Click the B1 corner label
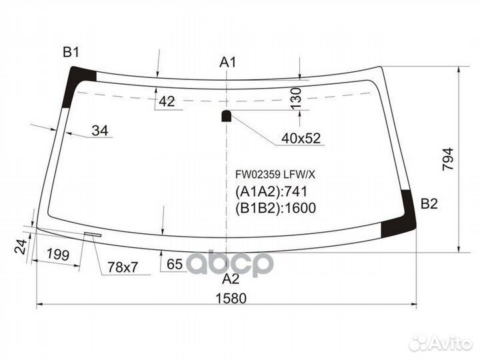pyautogui.click(x=71, y=53)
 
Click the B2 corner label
pyautogui.click(x=429, y=204)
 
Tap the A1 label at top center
pyautogui.click(x=229, y=63)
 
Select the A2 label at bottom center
pyautogui.click(x=230, y=278)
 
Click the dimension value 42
pyautogui.click(x=167, y=101)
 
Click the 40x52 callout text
pyautogui.click(x=301, y=138)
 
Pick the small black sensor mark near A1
pyautogui.click(x=226, y=116)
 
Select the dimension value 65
pyautogui.click(x=175, y=265)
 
